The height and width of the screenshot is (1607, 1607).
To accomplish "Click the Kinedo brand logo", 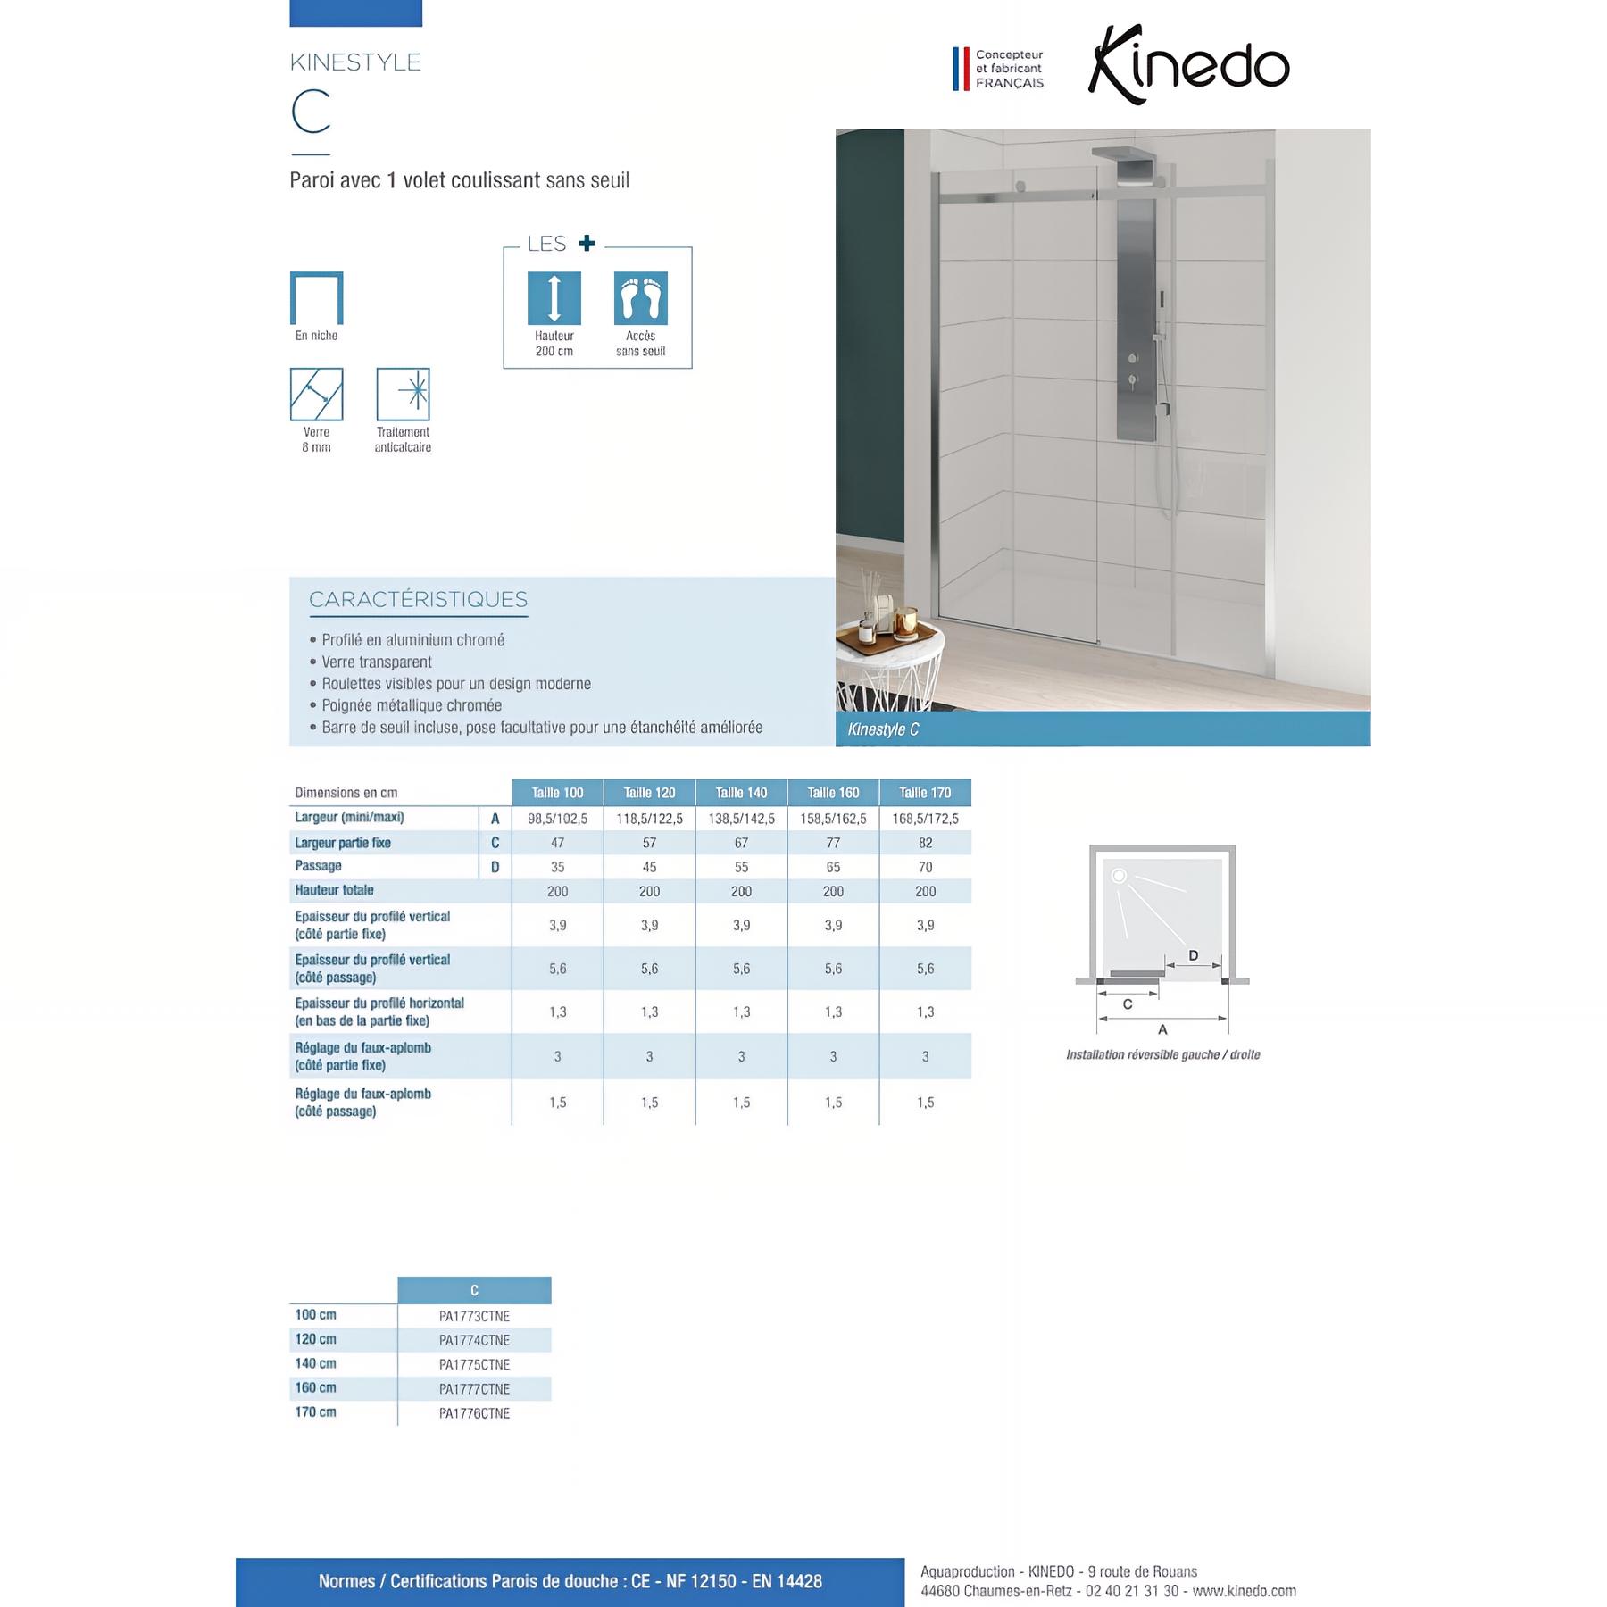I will coord(1188,65).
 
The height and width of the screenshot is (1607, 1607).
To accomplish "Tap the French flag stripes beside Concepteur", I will coord(961,69).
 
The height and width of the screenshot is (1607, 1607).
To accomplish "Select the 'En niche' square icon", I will coord(316,298).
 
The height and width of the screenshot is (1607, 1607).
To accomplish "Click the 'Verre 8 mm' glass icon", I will coord(316,394).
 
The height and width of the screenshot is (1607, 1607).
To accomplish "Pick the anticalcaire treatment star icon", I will coord(403,394).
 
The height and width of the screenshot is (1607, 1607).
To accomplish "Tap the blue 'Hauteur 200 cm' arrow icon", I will coord(554,298).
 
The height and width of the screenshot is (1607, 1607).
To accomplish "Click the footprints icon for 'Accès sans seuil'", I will coord(640,298).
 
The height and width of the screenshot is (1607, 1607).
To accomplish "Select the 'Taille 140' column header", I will coord(741,793).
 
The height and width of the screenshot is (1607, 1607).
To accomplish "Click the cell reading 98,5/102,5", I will coord(557,819).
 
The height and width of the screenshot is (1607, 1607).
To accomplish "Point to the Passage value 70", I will coord(925,867).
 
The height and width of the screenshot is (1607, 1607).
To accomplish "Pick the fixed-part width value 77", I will coord(833,843).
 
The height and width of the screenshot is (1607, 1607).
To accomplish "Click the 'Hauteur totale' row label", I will coord(334,890).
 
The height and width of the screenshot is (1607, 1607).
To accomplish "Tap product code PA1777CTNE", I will coord(474,1389).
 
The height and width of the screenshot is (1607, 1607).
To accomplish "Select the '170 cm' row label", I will coord(315,1412).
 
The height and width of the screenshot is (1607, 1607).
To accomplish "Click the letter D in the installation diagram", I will coord(1194,955).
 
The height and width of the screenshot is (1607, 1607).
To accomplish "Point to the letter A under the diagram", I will coord(1162,1029).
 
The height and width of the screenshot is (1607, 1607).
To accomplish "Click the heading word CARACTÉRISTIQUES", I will coord(418,600).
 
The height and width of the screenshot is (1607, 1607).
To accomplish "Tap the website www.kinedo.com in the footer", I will coord(1244,1591).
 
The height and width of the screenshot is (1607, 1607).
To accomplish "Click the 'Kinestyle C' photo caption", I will coord(883,729).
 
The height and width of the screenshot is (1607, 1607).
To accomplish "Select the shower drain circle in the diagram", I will coord(1119,876).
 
